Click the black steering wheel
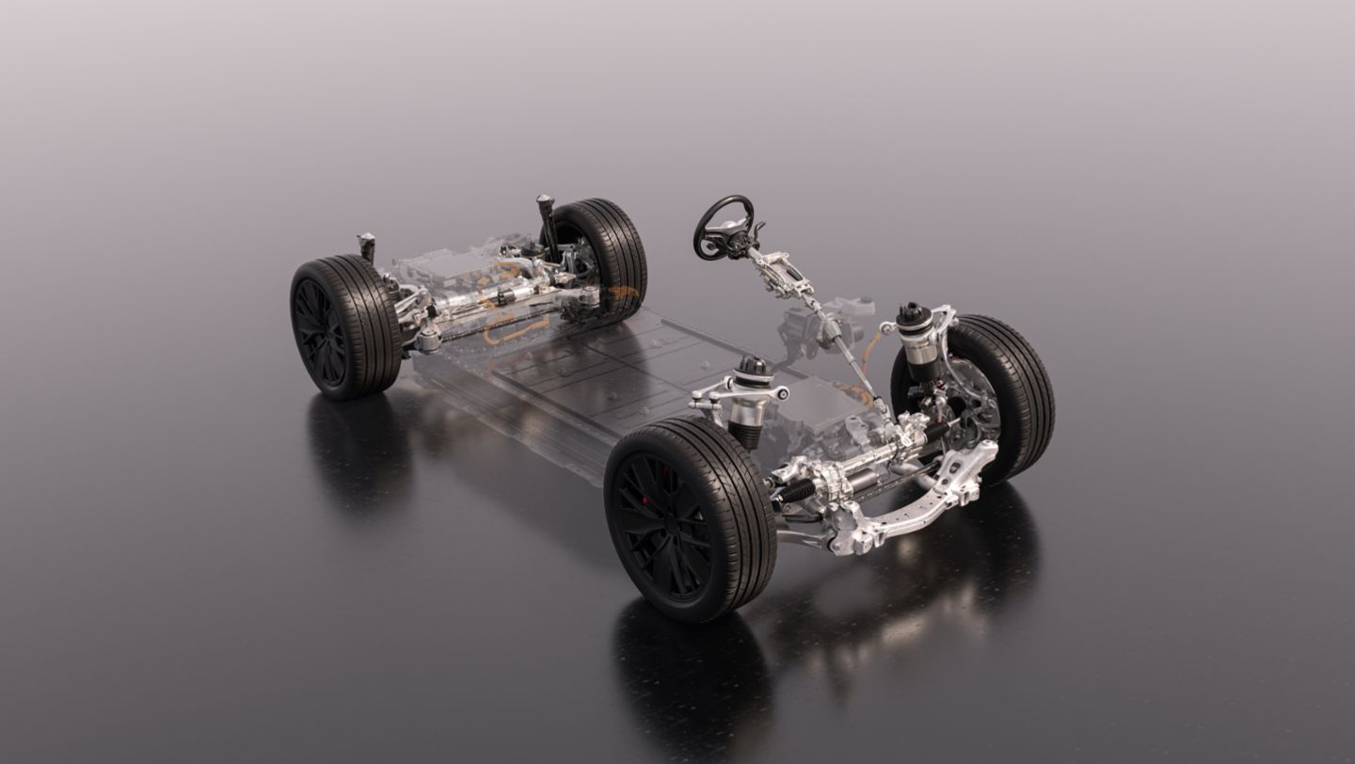(723, 227)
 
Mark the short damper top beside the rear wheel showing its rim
(366, 247)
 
